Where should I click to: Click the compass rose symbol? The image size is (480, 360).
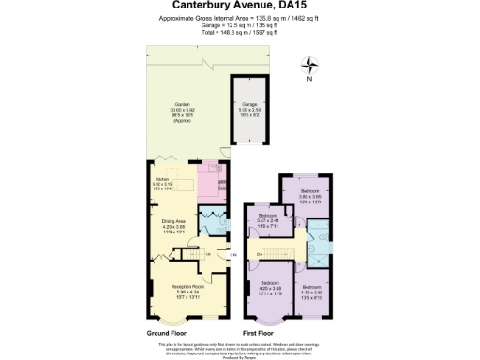(x=310, y=65)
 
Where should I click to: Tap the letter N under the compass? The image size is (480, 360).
(x=310, y=79)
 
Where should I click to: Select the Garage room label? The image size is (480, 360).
(x=250, y=106)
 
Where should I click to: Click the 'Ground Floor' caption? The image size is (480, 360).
(x=168, y=333)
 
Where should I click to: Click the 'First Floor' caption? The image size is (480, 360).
(x=262, y=333)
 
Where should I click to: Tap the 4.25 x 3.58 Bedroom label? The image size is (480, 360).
(x=270, y=286)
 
